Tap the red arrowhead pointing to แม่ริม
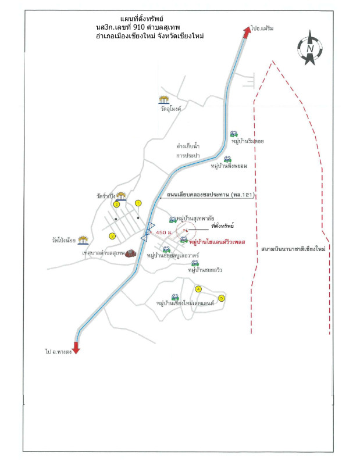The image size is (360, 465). [247, 33]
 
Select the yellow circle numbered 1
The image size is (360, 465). [138, 203]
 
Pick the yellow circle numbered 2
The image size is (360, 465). [116, 205]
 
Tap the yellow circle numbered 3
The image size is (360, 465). [113, 235]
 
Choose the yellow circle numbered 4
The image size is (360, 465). [198, 289]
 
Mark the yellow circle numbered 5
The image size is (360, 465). [221, 298]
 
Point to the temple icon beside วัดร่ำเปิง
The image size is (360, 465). [121, 196]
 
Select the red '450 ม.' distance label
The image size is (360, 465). [163, 233]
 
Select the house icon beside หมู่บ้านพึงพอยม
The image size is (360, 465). [229, 158]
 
